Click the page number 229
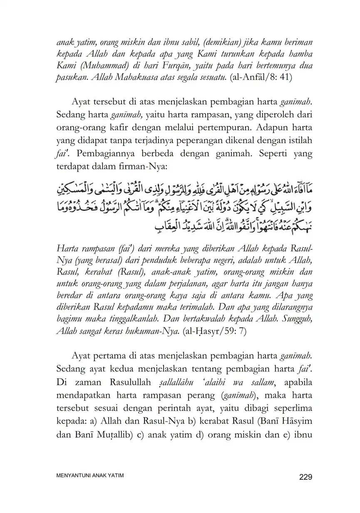[305, 477]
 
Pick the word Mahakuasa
[125, 78]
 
